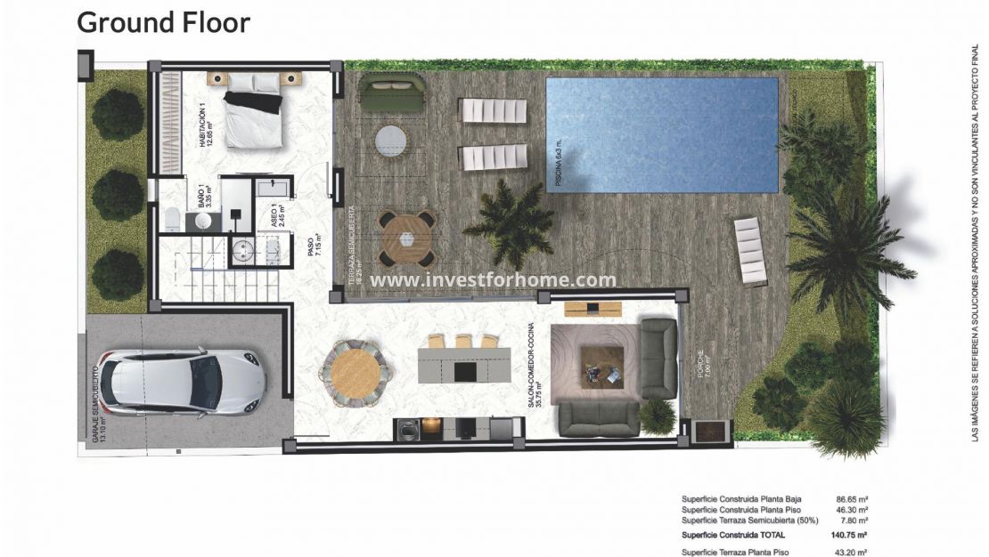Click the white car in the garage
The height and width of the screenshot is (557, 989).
(x=183, y=381)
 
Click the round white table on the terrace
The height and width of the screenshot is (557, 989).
(x=390, y=140)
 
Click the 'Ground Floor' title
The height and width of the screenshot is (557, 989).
(x=164, y=22)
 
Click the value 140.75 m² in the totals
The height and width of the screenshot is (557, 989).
(x=850, y=535)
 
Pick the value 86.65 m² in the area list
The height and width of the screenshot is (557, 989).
(x=851, y=499)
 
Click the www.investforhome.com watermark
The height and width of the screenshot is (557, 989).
(x=494, y=280)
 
